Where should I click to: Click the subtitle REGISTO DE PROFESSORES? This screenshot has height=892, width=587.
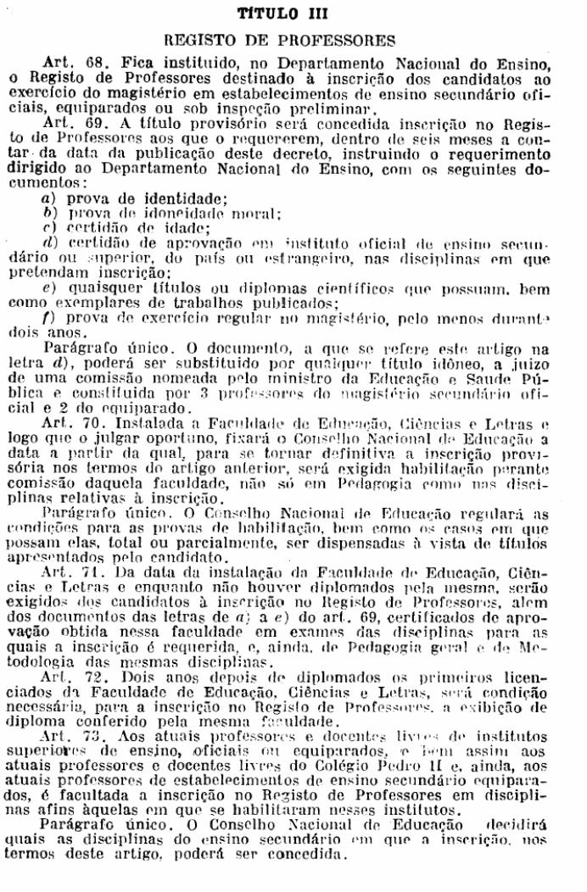(x=293, y=39)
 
